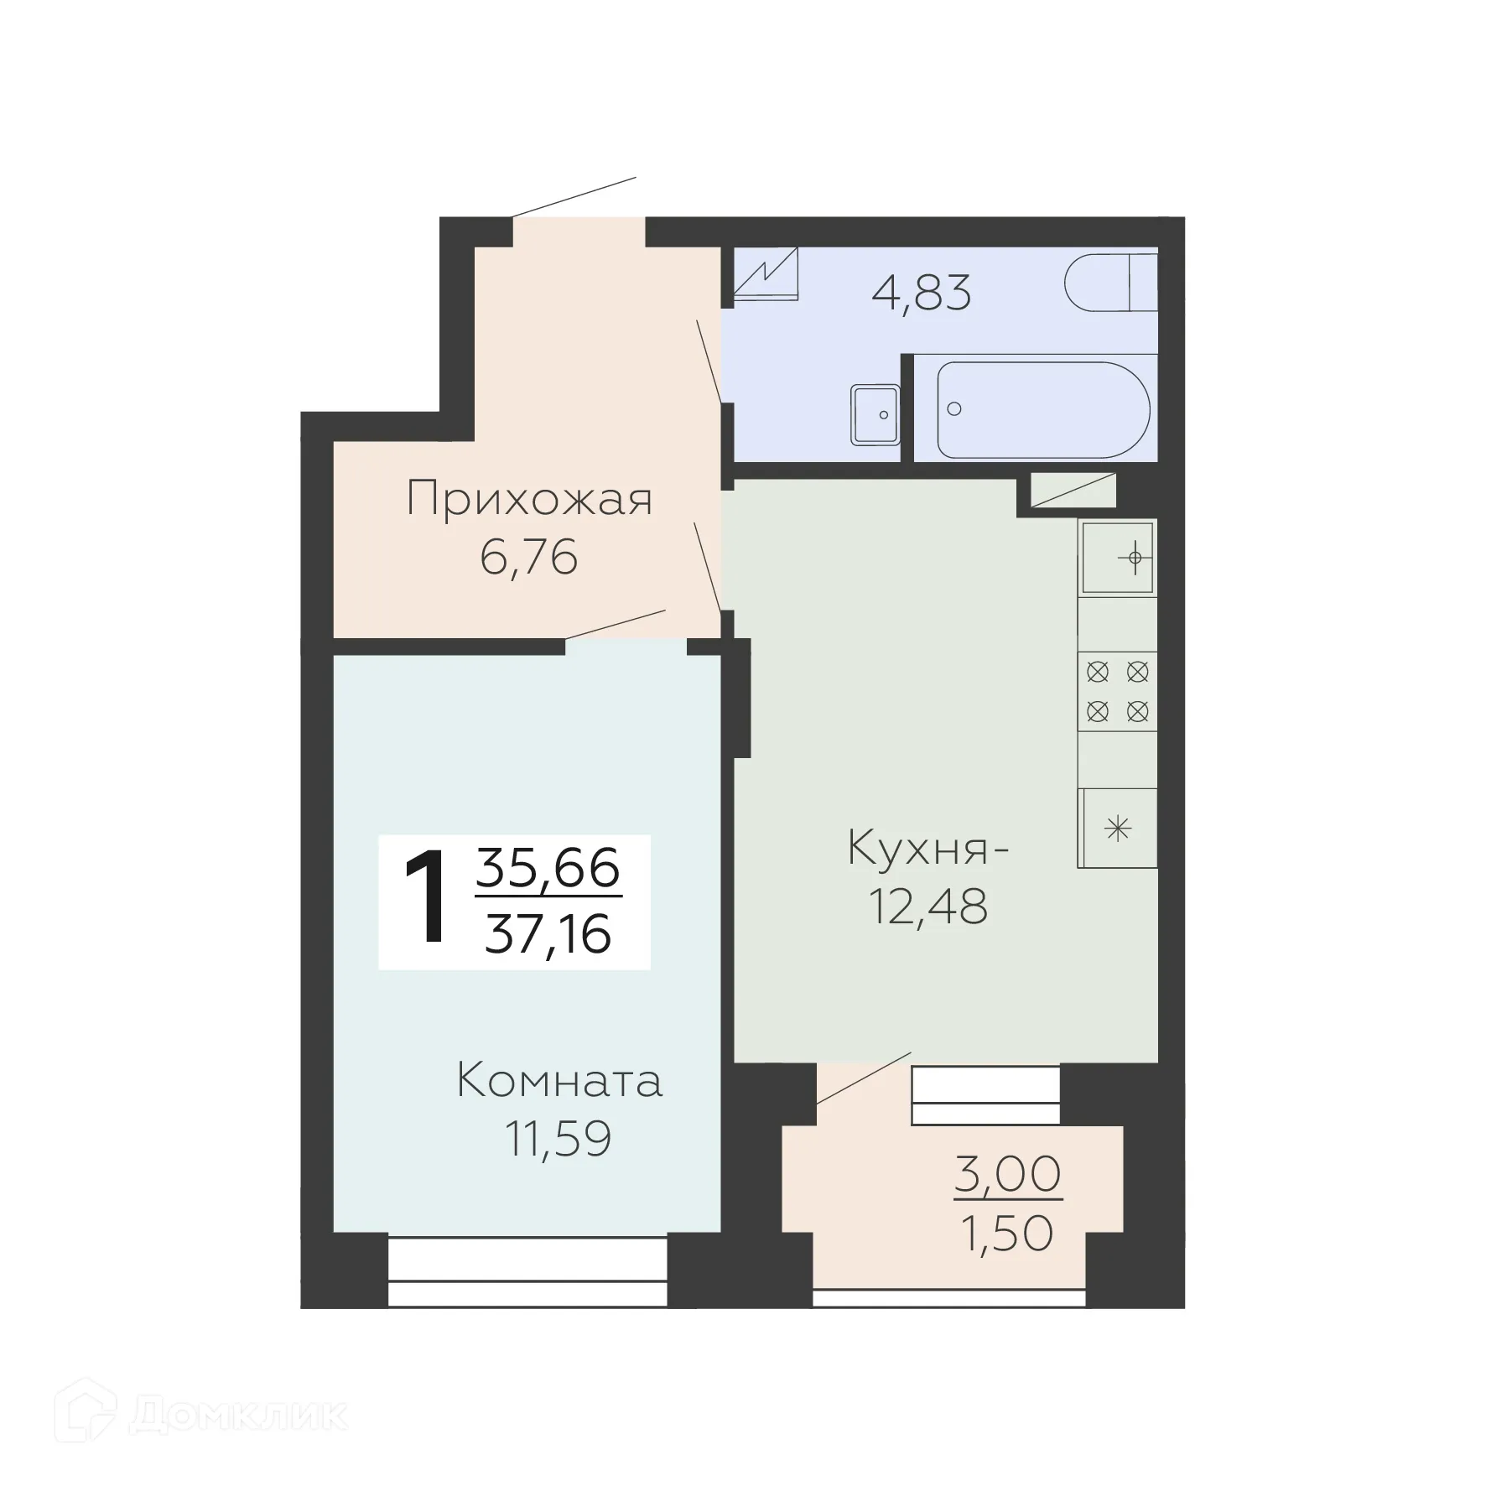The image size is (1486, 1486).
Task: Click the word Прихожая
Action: [x=529, y=500]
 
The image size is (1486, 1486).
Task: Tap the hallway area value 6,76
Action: [x=529, y=557]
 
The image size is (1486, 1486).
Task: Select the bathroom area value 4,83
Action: [x=921, y=293]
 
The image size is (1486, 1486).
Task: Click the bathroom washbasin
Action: [x=875, y=414]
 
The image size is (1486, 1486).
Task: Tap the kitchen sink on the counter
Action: [x=1117, y=557]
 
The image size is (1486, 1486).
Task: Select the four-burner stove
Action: [x=1117, y=691]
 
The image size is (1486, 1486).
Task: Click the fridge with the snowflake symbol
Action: [x=1117, y=829]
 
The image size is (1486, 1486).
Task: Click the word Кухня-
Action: [x=928, y=849]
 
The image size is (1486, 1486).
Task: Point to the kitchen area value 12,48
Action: [x=928, y=907]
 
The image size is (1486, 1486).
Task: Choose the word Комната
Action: [x=559, y=1082]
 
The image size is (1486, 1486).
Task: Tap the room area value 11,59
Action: [x=559, y=1139]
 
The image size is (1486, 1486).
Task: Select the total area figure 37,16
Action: [x=548, y=934]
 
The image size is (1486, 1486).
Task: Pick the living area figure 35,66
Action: [x=548, y=869]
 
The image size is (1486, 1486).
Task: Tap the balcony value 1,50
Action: [x=1007, y=1234]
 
